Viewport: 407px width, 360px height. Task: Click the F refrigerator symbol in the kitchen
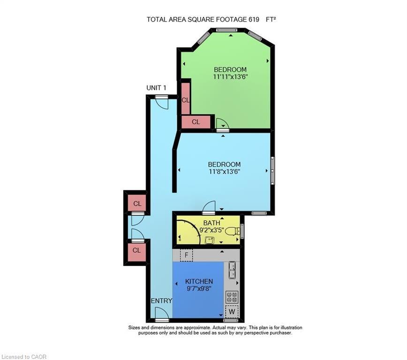click(x=187, y=255)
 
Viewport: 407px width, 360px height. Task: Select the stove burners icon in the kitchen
click(x=232, y=297)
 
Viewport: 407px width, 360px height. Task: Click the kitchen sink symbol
click(x=232, y=270)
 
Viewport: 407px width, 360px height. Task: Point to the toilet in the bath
click(x=232, y=231)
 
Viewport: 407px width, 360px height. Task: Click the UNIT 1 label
click(x=156, y=88)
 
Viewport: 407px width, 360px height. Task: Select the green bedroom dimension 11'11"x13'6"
click(x=230, y=76)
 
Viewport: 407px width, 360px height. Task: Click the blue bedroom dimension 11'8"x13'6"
click(x=224, y=172)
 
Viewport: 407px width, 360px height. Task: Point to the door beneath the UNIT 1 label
click(x=162, y=102)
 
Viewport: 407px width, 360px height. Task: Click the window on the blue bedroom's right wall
click(x=272, y=170)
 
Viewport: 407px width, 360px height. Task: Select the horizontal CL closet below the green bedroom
click(x=196, y=122)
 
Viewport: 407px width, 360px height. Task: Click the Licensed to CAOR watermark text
click(x=24, y=357)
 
